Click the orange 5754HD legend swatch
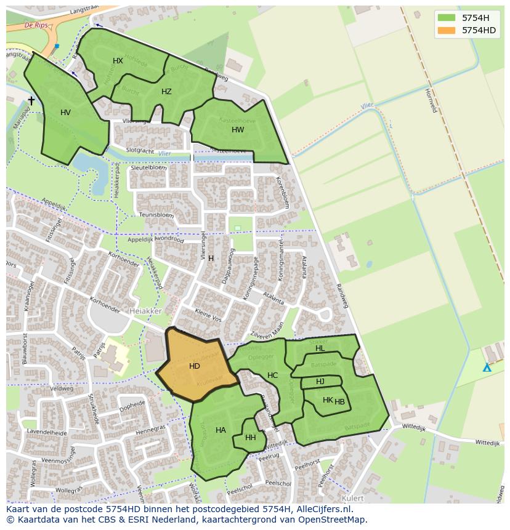coord(447,30)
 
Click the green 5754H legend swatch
coord(447,18)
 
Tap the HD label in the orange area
coord(195,366)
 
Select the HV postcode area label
coord(66,113)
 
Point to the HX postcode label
coord(118,61)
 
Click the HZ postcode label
coord(166,92)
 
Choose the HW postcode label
coord(238,130)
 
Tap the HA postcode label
coord(221,430)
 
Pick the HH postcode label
coord(250,438)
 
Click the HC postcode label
coord(272,375)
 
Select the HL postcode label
coord(320,348)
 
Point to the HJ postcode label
coord(320,382)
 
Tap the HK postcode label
coord(328,400)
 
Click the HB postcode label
coord(340,402)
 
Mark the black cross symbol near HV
coord(31,100)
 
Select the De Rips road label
coord(36,25)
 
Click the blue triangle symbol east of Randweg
coord(487,367)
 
